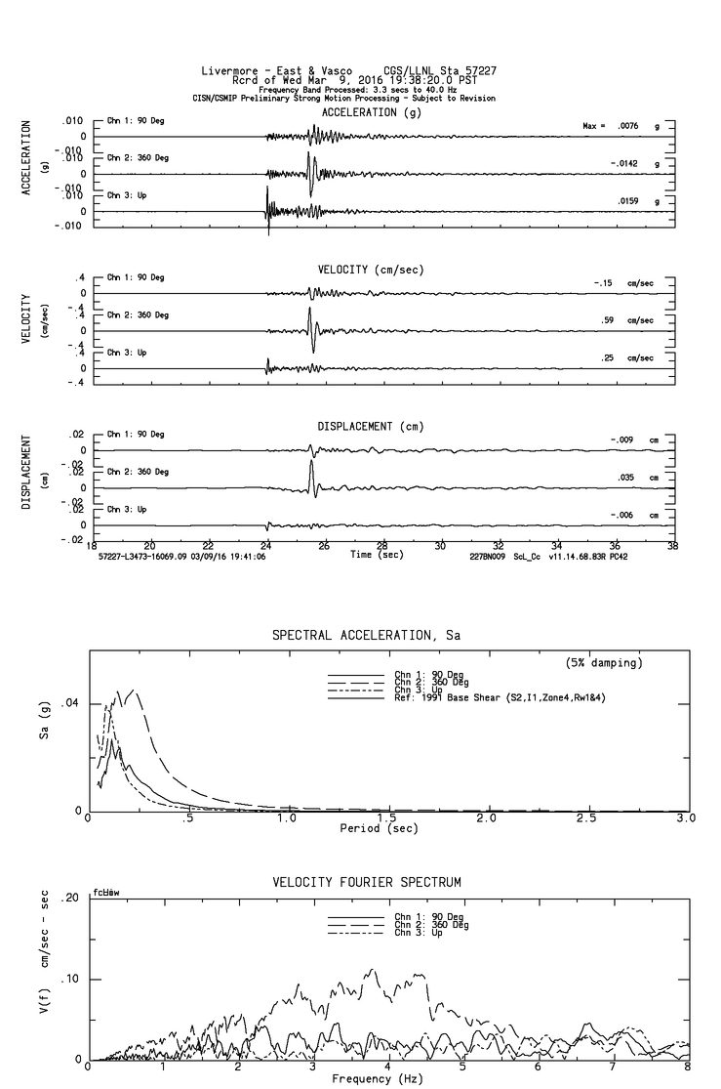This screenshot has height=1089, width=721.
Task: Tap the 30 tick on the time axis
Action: [x=440, y=545]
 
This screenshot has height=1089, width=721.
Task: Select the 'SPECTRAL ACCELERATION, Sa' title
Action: [x=366, y=635]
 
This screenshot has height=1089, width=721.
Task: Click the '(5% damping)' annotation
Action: [x=603, y=663]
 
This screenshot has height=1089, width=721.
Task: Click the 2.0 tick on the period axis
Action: [x=486, y=818]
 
